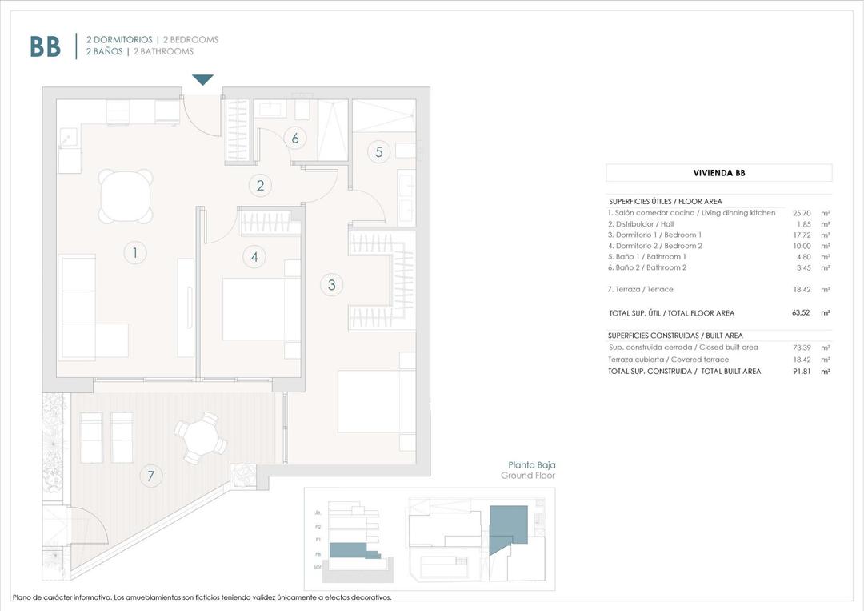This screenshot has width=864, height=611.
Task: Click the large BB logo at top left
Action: click(x=45, y=46)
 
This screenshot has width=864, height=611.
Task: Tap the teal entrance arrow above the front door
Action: click(x=202, y=79)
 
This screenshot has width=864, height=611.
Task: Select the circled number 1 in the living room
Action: click(x=135, y=254)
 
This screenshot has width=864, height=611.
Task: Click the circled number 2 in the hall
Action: click(x=260, y=186)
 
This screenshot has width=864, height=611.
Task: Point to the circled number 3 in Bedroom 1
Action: click(x=331, y=283)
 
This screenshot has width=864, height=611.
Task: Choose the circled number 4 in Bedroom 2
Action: click(x=254, y=257)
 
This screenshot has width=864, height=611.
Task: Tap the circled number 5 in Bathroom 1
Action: click(x=379, y=151)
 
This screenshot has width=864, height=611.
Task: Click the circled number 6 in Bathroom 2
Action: click(x=295, y=138)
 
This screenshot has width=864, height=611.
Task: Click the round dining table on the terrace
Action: click(x=196, y=438)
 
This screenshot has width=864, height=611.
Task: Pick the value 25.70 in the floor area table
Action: click(x=802, y=213)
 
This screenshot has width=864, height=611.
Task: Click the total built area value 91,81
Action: click(x=802, y=372)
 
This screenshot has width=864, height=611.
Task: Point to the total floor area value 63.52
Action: click(x=802, y=313)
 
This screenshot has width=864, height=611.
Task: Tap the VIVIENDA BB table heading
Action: click(x=718, y=173)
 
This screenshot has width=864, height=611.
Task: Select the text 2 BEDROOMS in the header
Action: click(x=190, y=39)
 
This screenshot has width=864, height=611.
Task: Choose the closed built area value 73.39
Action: click(x=802, y=348)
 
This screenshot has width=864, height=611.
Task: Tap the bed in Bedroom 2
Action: click(x=254, y=309)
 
